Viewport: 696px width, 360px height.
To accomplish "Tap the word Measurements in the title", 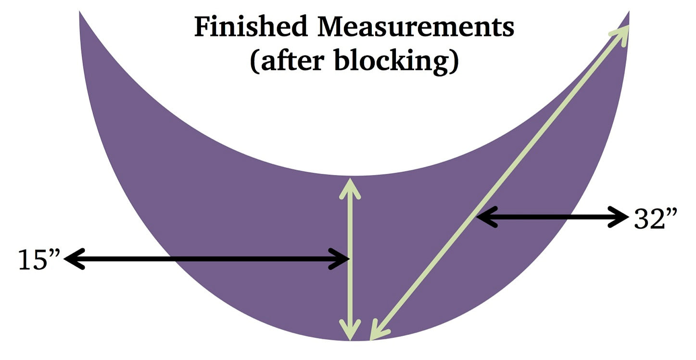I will click(416, 28).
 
